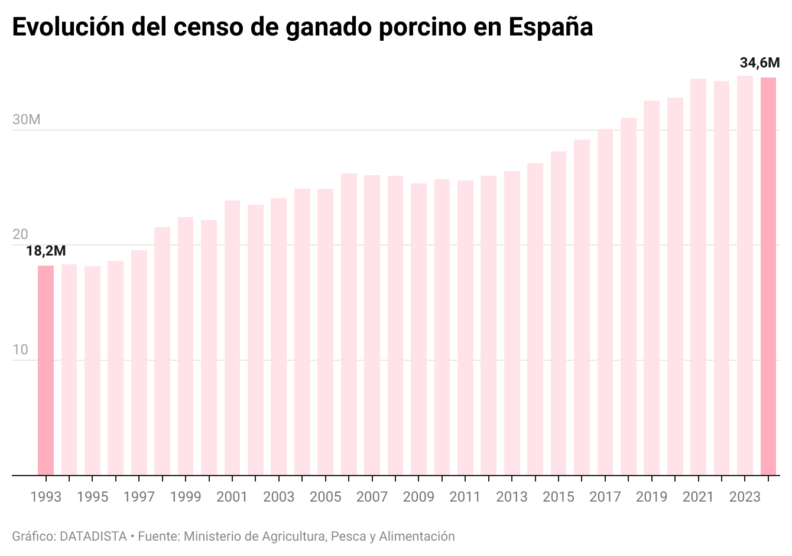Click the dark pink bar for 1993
(46, 370)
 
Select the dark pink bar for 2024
(768, 276)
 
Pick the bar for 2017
(605, 302)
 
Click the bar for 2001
(232, 338)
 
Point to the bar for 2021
(698, 277)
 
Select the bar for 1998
(162, 351)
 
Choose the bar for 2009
(418, 329)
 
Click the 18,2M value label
(46, 251)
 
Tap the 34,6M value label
(759, 63)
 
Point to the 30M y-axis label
(27, 120)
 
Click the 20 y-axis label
(20, 235)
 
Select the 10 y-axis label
(20, 350)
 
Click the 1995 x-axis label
(92, 497)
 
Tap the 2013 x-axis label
(512, 497)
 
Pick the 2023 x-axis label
(745, 497)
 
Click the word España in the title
(550, 27)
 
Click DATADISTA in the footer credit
(93, 536)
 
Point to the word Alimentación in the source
(417, 536)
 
